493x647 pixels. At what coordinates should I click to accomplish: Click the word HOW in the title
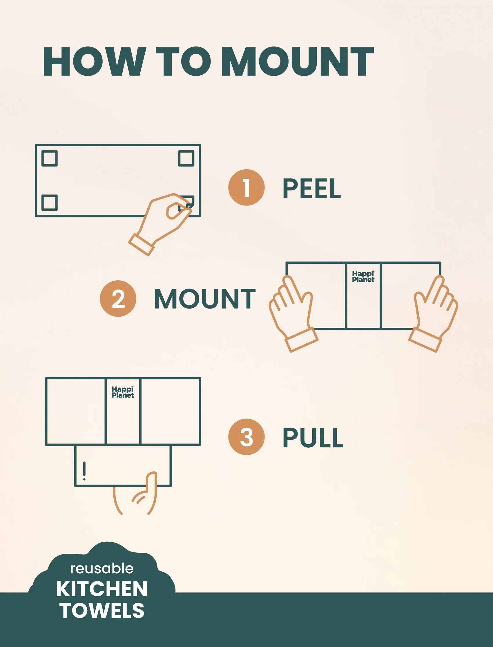95,61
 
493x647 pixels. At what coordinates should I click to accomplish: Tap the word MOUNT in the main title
298,61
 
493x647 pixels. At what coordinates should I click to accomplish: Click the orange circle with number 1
246,188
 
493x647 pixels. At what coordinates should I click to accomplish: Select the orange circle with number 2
118,298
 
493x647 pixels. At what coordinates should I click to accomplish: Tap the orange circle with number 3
246,437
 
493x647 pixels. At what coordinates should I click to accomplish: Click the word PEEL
312,189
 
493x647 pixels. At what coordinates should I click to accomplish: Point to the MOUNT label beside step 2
205,299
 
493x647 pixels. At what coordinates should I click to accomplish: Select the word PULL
313,438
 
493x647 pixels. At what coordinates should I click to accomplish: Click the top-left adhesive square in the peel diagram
49,158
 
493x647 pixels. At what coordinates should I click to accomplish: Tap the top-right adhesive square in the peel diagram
186,158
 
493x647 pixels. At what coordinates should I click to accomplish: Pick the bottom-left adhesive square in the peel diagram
49,203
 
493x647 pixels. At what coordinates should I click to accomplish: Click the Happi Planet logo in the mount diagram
363,277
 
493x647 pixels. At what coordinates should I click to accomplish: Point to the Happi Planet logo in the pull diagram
123,392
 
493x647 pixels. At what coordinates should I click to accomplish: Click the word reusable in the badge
102,568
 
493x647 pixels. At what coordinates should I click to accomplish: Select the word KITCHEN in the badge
101,589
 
